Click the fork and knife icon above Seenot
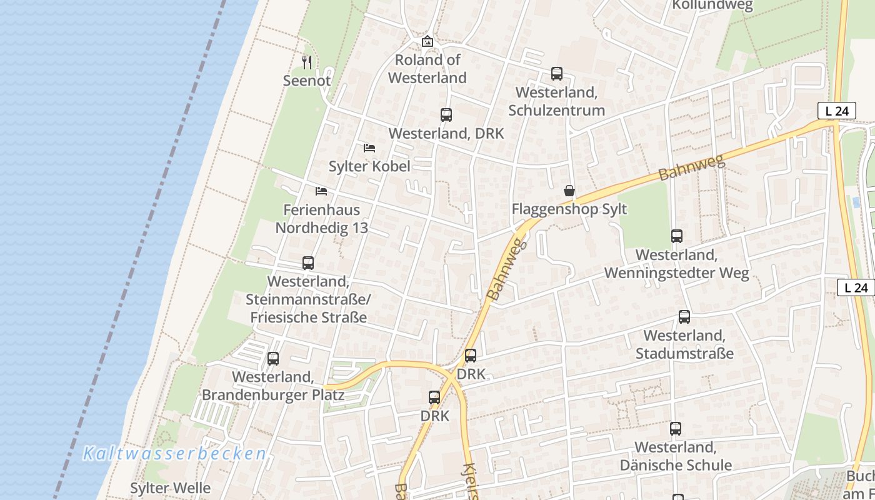306,62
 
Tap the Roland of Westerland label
427,69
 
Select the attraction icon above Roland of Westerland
427,42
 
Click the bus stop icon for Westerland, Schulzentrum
557,74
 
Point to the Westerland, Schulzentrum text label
556,101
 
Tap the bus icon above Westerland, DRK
446,115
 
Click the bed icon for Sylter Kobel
369,148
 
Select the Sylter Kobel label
369,166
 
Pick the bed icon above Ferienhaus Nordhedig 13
321,191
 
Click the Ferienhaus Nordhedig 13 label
322,219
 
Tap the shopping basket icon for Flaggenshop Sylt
569,191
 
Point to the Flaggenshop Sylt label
569,209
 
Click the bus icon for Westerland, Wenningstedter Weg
677,236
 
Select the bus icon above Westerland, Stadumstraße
684,317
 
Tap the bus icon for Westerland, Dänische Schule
676,429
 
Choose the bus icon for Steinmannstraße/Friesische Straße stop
308,263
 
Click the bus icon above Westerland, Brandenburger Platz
273,359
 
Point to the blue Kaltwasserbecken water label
175,453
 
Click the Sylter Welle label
170,488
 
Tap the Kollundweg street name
712,6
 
